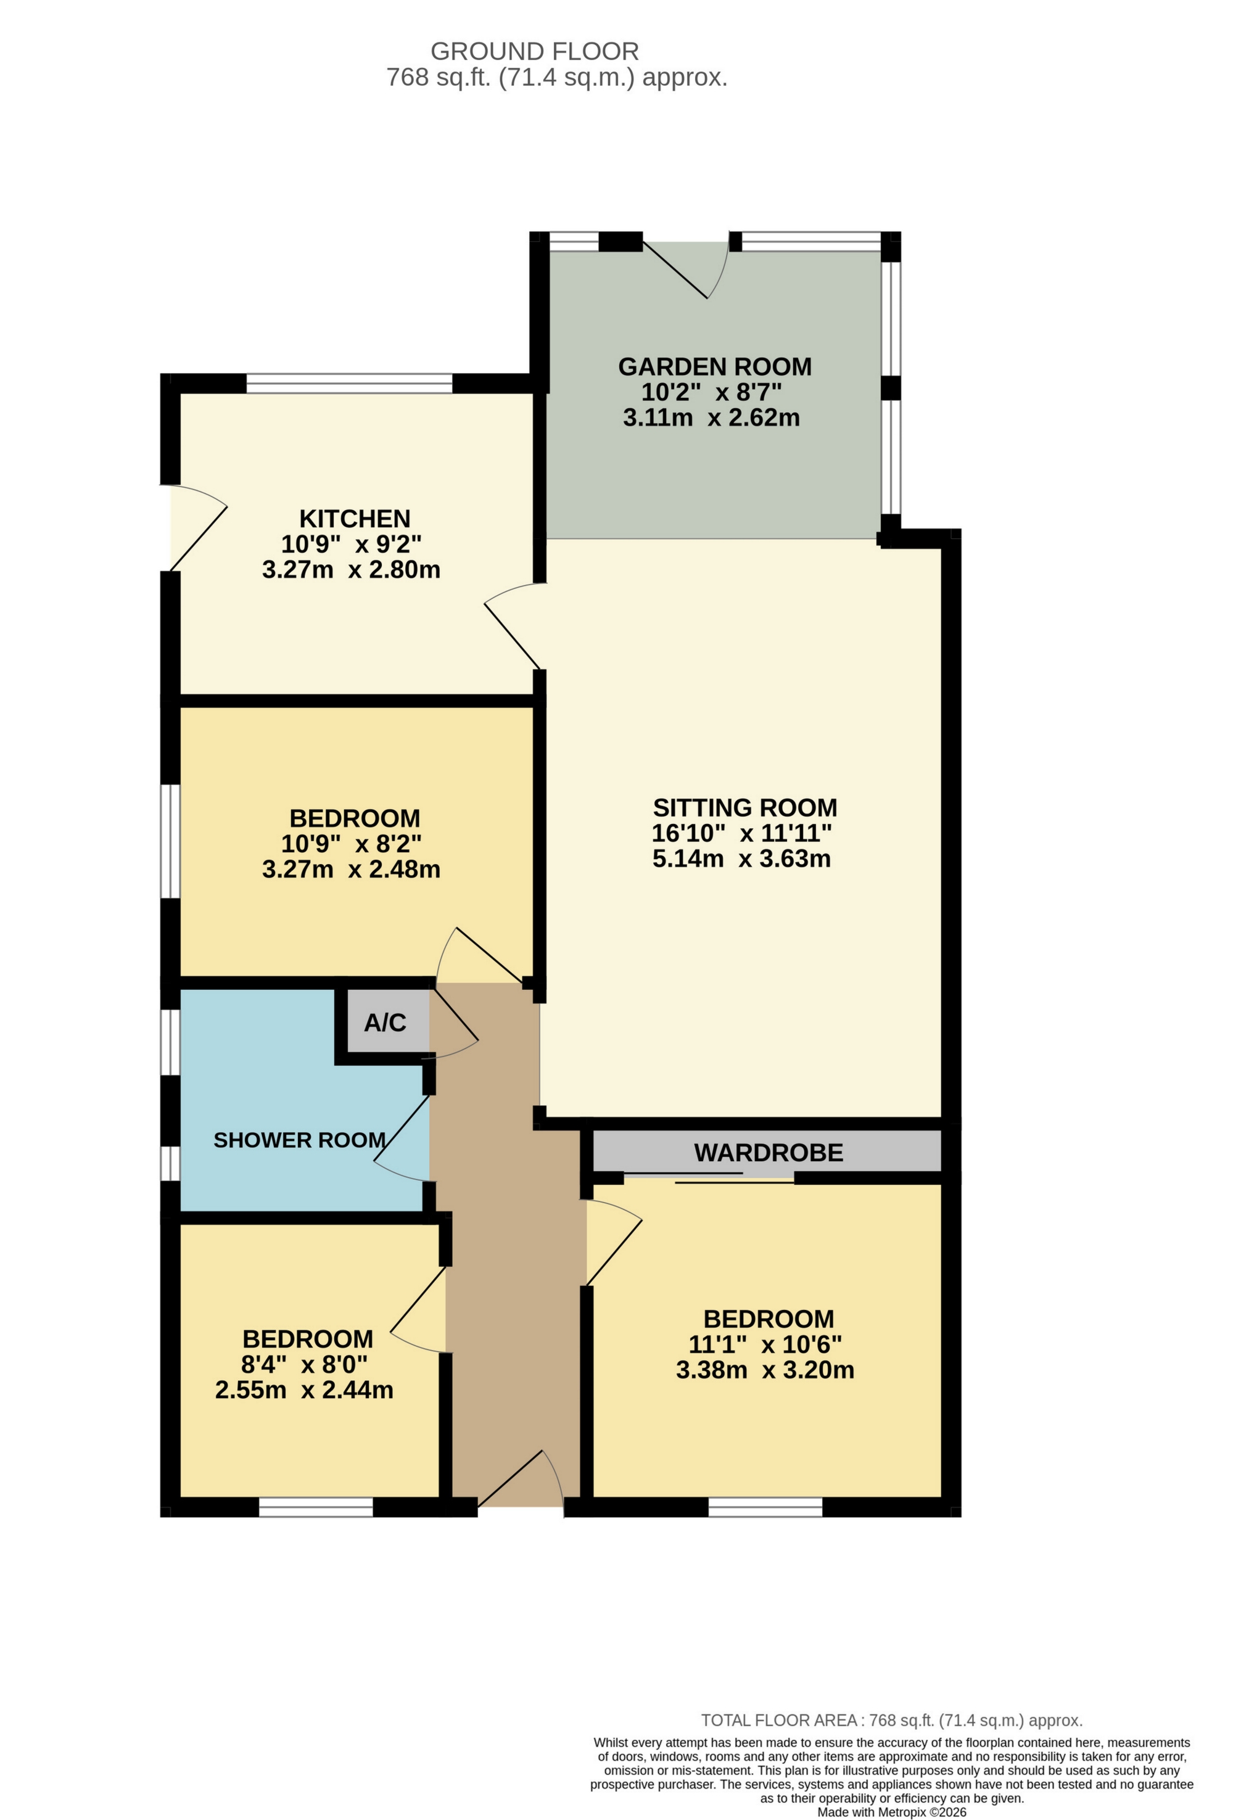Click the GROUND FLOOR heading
click(534, 52)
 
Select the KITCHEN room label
click(355, 519)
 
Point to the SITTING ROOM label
click(744, 807)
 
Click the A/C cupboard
click(385, 1022)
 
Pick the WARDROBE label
click(768, 1152)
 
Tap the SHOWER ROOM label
click(299, 1140)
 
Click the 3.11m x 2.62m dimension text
click(711, 418)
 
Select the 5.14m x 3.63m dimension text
click(741, 859)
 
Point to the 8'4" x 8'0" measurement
click(304, 1364)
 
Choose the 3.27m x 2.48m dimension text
click(351, 868)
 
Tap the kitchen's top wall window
click(349, 384)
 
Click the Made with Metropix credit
click(891, 1811)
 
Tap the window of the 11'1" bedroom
click(765, 1507)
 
